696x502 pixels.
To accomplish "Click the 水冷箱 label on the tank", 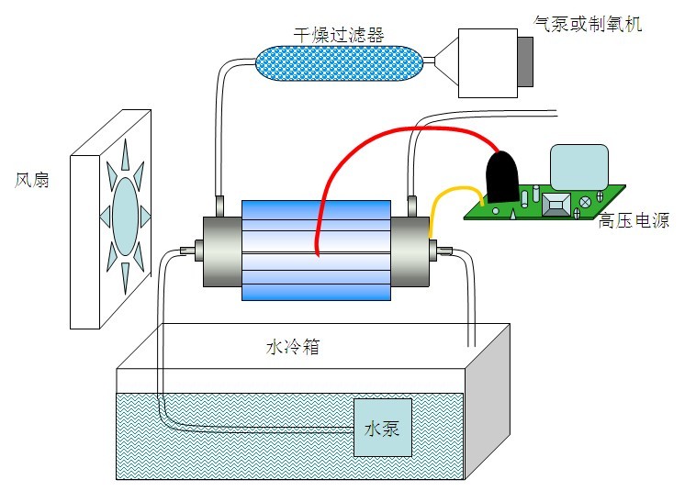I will coord(293,348).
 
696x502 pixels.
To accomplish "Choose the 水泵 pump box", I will coord(382,428).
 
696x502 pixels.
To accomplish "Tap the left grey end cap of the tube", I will coord(221,248).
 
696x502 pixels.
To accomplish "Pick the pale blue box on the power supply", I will coord(578,167).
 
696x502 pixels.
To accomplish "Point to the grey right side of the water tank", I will coord(487,404).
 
